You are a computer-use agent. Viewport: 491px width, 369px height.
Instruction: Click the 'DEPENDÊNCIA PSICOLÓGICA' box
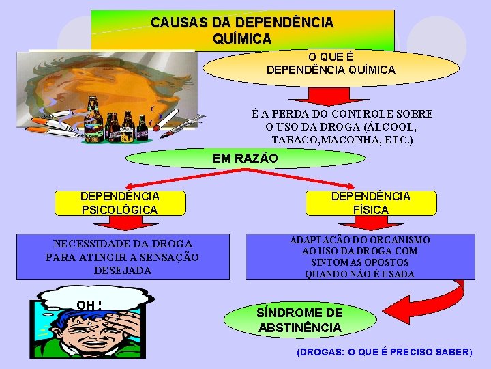(119, 203)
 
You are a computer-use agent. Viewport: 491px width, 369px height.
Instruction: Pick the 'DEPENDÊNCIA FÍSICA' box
(371, 203)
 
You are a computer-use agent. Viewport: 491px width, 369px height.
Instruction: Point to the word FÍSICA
(371, 210)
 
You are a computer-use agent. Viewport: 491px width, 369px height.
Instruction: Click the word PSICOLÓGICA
(119, 210)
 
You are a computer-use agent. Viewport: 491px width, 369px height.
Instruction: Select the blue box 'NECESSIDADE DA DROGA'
(123, 257)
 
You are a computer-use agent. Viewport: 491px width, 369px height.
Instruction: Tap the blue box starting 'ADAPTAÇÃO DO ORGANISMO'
(360, 257)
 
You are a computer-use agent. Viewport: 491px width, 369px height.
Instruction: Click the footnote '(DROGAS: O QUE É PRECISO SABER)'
(384, 352)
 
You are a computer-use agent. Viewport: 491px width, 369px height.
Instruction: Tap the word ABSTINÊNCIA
(300, 328)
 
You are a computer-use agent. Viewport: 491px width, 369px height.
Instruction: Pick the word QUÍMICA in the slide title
(242, 39)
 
